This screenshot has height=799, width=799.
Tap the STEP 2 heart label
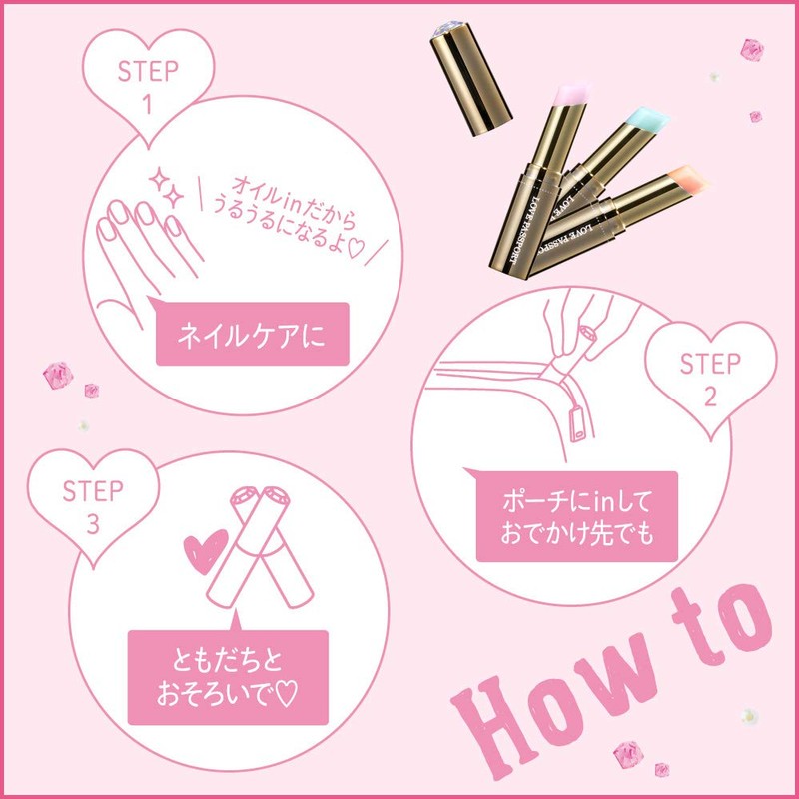click(711, 377)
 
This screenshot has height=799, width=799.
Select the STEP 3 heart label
click(93, 504)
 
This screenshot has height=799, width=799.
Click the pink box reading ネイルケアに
click(252, 333)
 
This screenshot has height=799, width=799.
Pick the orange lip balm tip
click(688, 180)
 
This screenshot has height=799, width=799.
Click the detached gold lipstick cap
click(470, 79)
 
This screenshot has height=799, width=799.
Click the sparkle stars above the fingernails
click(166, 187)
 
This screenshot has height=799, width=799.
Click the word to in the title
click(722, 625)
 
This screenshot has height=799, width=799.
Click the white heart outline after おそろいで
click(286, 693)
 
